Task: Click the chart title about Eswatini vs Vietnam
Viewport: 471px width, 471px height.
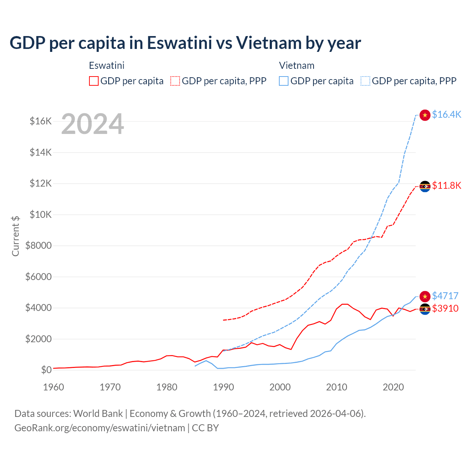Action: click(185, 43)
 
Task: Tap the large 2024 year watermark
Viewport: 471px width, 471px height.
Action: click(92, 124)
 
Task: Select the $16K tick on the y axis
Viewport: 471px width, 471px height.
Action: click(40, 121)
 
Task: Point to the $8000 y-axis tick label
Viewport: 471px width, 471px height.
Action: click(38, 245)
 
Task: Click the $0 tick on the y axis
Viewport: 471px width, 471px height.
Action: click(46, 370)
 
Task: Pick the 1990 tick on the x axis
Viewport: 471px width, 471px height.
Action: click(223, 387)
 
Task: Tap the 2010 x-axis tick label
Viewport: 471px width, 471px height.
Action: click(337, 387)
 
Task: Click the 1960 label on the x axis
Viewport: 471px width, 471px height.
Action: click(54, 387)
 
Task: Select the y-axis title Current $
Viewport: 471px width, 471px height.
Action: click(15, 236)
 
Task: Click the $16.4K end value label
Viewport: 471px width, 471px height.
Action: click(446, 114)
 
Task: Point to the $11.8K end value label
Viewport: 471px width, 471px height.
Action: click(446, 185)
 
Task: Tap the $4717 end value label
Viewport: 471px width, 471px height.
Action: click(445, 296)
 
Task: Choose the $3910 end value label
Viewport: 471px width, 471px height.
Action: click(445, 308)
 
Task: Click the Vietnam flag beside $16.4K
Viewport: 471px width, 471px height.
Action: click(425, 115)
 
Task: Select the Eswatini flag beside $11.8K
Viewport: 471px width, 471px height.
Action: click(425, 186)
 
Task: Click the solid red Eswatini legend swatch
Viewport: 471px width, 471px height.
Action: click(94, 81)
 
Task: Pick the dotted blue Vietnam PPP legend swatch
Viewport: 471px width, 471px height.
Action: click(365, 81)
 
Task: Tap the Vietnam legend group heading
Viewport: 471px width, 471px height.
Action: click(297, 65)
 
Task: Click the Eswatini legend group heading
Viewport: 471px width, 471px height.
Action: click(107, 65)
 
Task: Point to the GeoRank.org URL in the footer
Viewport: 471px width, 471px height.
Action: click(100, 428)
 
